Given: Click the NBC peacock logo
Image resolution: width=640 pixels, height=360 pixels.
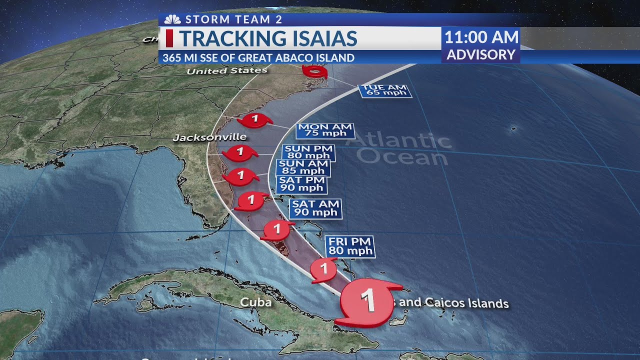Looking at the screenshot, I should (172, 19).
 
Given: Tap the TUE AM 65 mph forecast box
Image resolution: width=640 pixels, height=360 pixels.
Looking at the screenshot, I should (384, 90).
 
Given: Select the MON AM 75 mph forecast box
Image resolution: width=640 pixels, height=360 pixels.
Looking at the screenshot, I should (325, 130).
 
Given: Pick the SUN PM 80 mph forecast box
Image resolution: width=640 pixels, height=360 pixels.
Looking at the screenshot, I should (308, 152).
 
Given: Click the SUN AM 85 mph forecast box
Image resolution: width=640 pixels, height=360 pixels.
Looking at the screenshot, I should (303, 167).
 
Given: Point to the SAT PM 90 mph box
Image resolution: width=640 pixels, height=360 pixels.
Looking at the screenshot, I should (301, 184).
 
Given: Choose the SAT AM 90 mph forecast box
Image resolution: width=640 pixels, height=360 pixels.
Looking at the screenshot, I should (315, 208).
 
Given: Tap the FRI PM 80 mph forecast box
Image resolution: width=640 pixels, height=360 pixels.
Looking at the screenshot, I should (350, 246).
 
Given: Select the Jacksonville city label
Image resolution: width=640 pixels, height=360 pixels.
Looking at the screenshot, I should (209, 137).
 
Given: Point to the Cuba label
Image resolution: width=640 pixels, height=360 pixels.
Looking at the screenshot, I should (256, 302).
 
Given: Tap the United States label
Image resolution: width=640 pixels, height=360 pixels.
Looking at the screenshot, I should (227, 71).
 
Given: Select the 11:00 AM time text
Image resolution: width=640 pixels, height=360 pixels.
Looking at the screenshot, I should (481, 37).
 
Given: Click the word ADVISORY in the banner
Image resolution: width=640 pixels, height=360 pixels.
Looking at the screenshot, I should (480, 54).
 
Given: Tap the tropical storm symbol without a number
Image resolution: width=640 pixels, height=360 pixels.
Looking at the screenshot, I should (315, 73).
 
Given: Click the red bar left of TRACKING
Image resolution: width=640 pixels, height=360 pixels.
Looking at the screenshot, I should (169, 38).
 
